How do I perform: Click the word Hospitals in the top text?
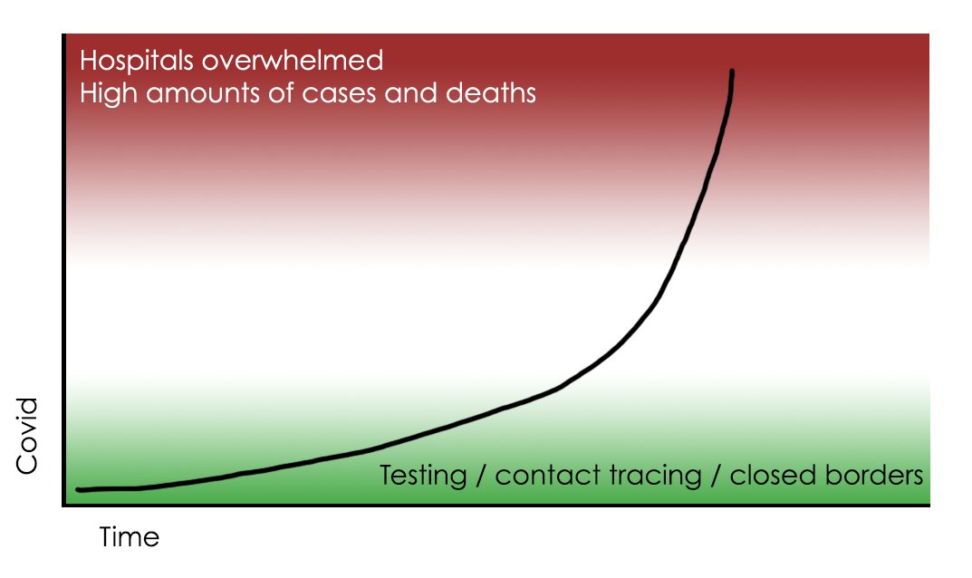click(137, 62)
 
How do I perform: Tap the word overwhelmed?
click(293, 60)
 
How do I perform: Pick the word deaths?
click(491, 93)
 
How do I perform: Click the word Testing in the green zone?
click(423, 477)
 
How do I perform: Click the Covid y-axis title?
click(27, 436)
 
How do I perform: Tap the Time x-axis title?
click(130, 537)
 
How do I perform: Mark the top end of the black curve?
click(732, 72)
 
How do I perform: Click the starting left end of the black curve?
click(78, 489)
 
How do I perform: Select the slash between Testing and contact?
click(481, 477)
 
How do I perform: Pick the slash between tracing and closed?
click(716, 477)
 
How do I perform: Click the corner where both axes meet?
click(63, 505)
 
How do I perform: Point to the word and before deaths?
click(411, 93)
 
